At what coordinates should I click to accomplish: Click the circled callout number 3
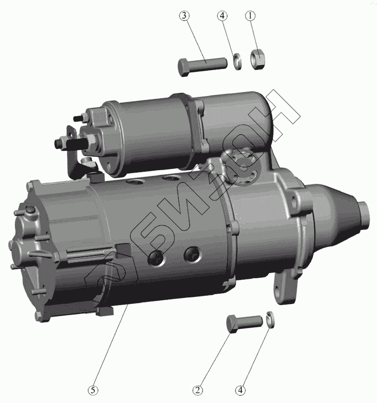click(x=184, y=16)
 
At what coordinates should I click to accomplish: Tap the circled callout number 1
click(x=250, y=16)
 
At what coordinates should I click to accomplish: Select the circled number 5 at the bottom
click(x=93, y=390)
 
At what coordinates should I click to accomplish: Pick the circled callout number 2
click(x=197, y=390)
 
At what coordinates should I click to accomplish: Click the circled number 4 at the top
click(x=222, y=16)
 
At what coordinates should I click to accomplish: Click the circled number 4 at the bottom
click(x=240, y=390)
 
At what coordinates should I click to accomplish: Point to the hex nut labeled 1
click(x=257, y=59)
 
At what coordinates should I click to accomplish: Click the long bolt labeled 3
click(x=202, y=66)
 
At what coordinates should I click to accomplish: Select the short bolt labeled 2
click(x=245, y=322)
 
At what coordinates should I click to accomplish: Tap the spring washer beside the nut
click(x=237, y=61)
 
